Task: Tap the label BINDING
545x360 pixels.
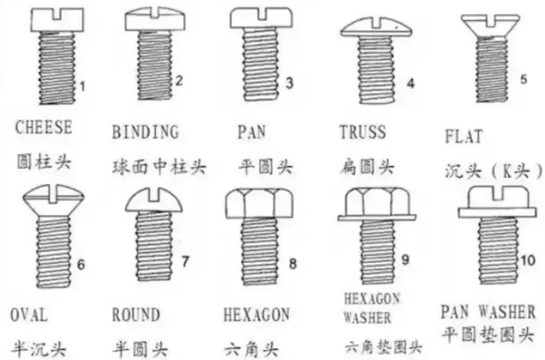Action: tap(146, 132)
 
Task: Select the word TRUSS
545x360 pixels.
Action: tap(362, 132)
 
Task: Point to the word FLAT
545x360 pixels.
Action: tap(464, 137)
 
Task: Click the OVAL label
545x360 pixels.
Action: tap(29, 315)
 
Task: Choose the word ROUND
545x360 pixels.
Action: tap(136, 315)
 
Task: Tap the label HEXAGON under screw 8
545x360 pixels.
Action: tap(256, 315)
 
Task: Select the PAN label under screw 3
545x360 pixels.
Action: tap(252, 132)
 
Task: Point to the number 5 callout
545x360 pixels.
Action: tap(523, 78)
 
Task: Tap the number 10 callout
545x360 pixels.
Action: tap(526, 261)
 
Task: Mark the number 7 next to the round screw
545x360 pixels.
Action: tap(184, 261)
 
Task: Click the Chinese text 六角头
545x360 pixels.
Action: tap(248, 348)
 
